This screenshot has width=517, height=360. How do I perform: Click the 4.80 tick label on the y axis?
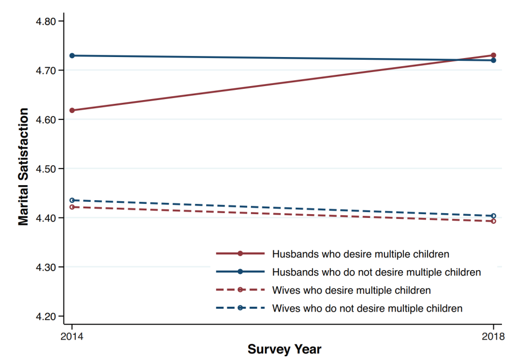pyautogui.click(x=45, y=22)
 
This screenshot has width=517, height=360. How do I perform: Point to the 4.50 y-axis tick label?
pyautogui.click(x=45, y=169)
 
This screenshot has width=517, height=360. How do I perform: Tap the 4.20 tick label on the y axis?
pyautogui.click(x=45, y=316)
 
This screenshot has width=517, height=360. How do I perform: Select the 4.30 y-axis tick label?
pyautogui.click(x=45, y=267)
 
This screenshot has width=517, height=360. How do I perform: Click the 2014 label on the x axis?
pyautogui.click(x=72, y=336)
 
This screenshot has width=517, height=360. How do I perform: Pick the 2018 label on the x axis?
pyautogui.click(x=493, y=336)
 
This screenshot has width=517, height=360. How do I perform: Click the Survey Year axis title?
pyautogui.click(x=284, y=349)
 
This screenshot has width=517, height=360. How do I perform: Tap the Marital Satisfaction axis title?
pyautogui.click(x=23, y=167)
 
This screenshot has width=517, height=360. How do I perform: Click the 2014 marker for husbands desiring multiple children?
pyautogui.click(x=72, y=110)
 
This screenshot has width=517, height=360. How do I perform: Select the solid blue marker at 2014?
pyautogui.click(x=72, y=55)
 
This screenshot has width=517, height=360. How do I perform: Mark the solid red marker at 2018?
pyautogui.click(x=493, y=55)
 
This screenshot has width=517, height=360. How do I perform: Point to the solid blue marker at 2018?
pyautogui.click(x=493, y=60)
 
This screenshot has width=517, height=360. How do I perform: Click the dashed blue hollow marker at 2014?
pyautogui.click(x=72, y=200)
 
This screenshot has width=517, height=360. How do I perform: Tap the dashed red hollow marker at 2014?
pyautogui.click(x=72, y=207)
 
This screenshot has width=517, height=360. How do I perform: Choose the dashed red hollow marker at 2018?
pyautogui.click(x=493, y=221)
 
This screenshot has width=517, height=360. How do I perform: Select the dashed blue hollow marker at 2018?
pyautogui.click(x=493, y=216)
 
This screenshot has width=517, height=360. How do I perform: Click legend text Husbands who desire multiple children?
pyautogui.click(x=361, y=255)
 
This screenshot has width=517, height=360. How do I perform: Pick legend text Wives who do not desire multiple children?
pyautogui.click(x=367, y=308)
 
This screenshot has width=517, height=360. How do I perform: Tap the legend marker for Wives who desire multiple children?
pyautogui.click(x=240, y=290)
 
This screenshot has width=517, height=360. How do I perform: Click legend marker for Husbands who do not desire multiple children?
pyautogui.click(x=240, y=272)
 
